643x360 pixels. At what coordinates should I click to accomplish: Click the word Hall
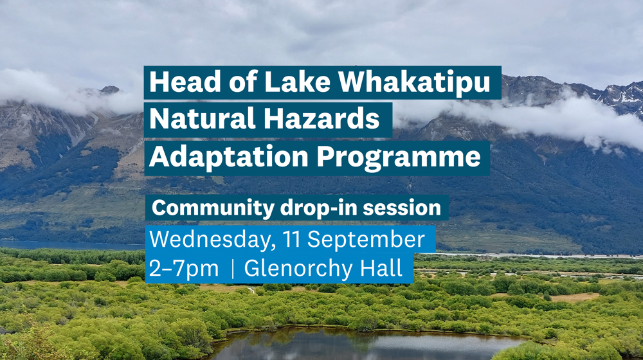coord(382,268)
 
